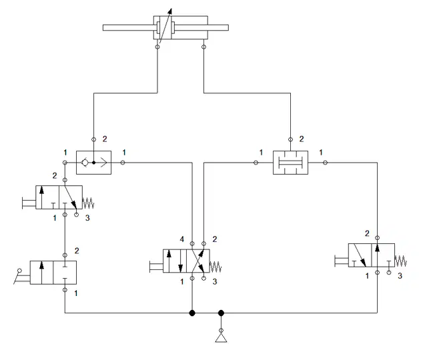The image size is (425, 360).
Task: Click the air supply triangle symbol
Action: tap(222, 338)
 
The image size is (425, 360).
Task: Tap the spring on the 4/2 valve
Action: tap(216, 267)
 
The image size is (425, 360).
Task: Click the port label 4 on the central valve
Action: tap(182, 239)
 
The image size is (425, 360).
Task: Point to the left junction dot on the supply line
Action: tap(192, 313)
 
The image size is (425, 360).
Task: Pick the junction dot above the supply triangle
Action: tap(222, 313)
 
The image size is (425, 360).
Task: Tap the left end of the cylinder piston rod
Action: tap(103, 27)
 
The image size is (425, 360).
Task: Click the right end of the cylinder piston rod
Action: tap(228, 27)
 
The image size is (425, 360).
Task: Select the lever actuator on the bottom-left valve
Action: tap(21, 276)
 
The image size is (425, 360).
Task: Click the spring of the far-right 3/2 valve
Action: tap(400, 261)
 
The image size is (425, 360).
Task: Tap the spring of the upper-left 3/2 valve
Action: tap(88, 203)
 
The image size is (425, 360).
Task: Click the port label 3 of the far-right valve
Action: tap(400, 276)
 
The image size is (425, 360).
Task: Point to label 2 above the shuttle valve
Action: tap(105, 139)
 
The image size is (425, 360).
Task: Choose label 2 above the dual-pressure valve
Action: tap(302, 139)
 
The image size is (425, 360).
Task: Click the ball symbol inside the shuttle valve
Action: tap(85, 163)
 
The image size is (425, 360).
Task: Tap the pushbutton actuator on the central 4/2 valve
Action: tap(156, 267)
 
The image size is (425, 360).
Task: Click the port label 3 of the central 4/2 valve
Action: tap(215, 282)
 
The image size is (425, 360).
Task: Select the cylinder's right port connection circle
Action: tap(204, 47)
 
